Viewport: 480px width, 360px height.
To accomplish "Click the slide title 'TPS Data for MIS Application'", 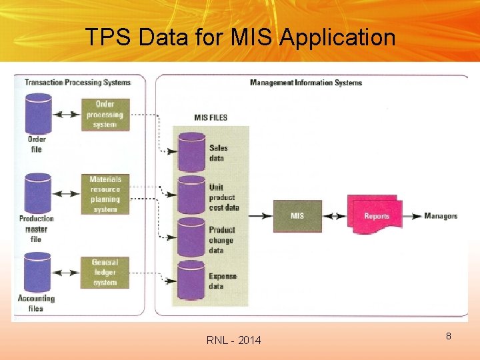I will (240, 37).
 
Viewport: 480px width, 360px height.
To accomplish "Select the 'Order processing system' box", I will (105, 114).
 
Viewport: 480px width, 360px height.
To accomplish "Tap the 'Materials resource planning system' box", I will (105, 194).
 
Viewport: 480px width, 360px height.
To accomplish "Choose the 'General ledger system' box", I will (105, 273).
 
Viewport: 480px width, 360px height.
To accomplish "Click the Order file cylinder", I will (38, 114).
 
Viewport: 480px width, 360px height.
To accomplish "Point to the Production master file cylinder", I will (38, 194).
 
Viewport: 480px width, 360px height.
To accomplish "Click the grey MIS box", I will (297, 216).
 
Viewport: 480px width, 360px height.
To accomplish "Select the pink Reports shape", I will (375, 215).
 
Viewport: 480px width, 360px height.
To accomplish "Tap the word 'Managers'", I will (441, 216).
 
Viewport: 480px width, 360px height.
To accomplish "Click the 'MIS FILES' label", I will (211, 117).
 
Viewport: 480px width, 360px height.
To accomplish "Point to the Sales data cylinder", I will (191, 152).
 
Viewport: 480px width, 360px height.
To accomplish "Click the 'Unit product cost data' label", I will (223, 197).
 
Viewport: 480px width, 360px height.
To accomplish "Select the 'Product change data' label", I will (222, 240).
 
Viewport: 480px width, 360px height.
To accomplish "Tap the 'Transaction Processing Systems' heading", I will (77, 83).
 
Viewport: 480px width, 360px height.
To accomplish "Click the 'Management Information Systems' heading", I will (305, 83).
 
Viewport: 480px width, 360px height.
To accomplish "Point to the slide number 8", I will (449, 336).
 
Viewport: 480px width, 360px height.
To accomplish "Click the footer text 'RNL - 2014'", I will (234, 341).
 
